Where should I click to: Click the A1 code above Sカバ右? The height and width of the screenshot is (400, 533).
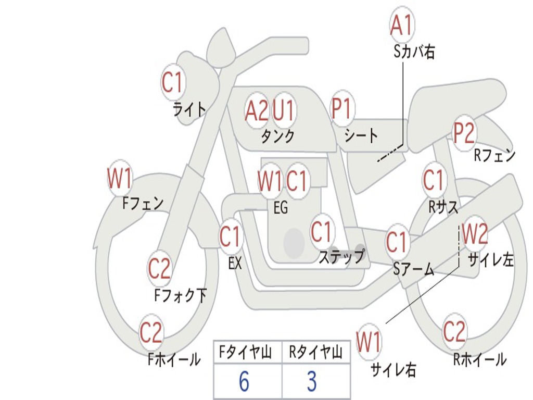[x=402, y=26]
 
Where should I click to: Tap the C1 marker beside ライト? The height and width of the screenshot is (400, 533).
[x=173, y=82]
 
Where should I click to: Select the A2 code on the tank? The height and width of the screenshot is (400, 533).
[x=257, y=110]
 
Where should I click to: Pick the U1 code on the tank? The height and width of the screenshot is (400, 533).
[x=284, y=110]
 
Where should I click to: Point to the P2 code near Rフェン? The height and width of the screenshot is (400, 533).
[x=463, y=133]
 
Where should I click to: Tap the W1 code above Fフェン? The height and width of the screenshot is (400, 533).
[x=120, y=179]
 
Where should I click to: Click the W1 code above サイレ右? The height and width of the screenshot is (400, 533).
[x=369, y=343]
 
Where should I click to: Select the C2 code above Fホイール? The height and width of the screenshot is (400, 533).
[x=151, y=333]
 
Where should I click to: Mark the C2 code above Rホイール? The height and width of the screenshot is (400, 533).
[x=454, y=332]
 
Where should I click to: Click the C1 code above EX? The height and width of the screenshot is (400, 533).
[x=231, y=238]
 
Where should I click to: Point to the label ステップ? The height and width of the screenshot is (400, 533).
[x=341, y=257]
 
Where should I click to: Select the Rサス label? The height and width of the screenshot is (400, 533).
[x=443, y=207]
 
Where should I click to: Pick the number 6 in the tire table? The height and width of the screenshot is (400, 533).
[x=244, y=382]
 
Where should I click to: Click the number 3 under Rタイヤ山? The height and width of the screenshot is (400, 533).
[x=311, y=382]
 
